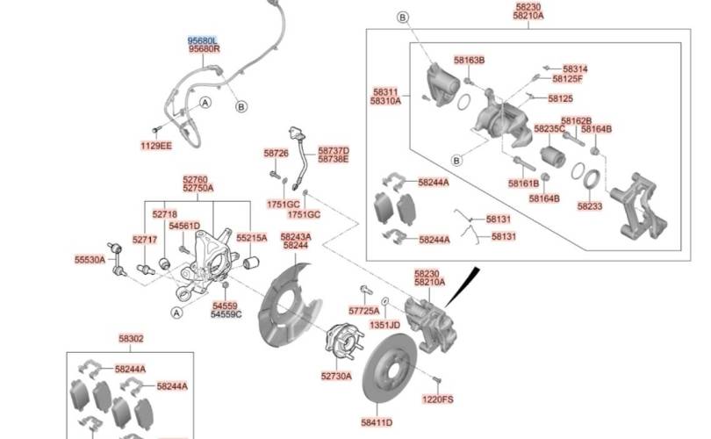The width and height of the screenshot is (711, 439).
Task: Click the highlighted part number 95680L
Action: [203, 40]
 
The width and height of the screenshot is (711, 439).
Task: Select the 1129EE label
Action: [156, 145]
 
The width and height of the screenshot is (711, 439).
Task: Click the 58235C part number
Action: [549, 129]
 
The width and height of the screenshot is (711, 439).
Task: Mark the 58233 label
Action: [589, 206]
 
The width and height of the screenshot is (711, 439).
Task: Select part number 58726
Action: [276, 153]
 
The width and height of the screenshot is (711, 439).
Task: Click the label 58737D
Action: [333, 150]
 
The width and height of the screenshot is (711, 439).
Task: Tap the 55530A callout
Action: [90, 260]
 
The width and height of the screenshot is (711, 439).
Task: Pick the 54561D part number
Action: [184, 226]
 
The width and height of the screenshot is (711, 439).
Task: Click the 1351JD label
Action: [384, 324]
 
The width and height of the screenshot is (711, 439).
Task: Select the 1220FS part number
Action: [437, 399]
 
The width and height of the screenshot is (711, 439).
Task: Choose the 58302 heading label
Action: [131, 338]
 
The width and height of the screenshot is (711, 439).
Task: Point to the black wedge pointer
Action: [462, 284]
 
